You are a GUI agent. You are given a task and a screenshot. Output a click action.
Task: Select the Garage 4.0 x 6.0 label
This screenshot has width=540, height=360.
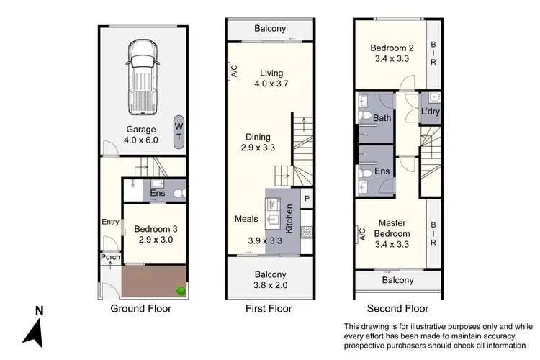141,135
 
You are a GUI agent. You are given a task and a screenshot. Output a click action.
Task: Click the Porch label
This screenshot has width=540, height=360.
110,258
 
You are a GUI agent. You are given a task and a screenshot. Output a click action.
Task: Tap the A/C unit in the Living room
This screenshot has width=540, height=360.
233,71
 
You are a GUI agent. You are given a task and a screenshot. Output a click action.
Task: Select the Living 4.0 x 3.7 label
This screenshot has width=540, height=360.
271,78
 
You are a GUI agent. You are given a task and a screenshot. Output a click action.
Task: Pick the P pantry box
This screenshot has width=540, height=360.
306,199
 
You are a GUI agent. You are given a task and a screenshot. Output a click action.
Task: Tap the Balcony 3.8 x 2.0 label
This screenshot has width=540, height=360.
270,280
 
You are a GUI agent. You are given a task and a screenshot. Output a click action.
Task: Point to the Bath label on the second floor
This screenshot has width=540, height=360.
382,118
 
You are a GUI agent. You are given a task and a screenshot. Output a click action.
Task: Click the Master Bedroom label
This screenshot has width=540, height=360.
392,228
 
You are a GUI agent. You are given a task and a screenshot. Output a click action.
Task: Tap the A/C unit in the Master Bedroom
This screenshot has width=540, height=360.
361,234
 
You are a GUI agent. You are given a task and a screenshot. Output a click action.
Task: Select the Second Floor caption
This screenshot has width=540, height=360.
397,309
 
